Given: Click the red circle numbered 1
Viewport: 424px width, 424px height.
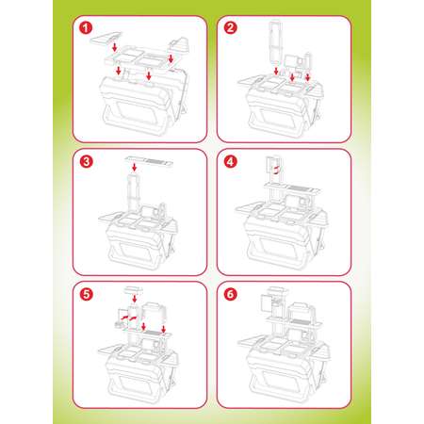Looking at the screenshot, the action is point(86,27).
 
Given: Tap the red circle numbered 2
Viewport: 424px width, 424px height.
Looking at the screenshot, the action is point(231,27).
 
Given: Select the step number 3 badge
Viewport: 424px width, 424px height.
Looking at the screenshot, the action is point(86,162).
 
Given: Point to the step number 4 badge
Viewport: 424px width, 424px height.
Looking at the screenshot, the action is point(231,162).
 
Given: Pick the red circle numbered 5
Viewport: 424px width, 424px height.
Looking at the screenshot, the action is point(86,294).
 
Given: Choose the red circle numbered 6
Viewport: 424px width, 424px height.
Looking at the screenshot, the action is point(231,294).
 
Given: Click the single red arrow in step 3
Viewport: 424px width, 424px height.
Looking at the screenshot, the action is point(135,167).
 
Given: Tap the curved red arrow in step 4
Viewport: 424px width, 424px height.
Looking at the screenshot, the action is point(276,170).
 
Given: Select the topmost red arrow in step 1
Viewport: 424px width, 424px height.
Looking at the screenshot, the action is point(115,47).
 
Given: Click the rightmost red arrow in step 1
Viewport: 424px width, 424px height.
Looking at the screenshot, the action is point(171,58).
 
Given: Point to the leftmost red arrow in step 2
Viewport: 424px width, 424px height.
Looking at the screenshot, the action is point(276,71).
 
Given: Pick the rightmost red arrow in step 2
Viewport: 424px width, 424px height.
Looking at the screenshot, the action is point(307,77).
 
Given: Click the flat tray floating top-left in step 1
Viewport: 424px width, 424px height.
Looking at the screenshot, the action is point(106,38).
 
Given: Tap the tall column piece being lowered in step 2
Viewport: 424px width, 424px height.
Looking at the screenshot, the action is point(276,43).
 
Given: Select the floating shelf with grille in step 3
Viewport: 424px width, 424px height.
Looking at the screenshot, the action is point(149,161).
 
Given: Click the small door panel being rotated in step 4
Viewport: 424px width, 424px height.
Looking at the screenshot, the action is point(270,165).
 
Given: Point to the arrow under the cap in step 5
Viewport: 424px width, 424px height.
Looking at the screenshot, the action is point(135,299).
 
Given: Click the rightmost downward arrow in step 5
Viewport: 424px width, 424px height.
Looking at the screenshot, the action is point(163,329).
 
